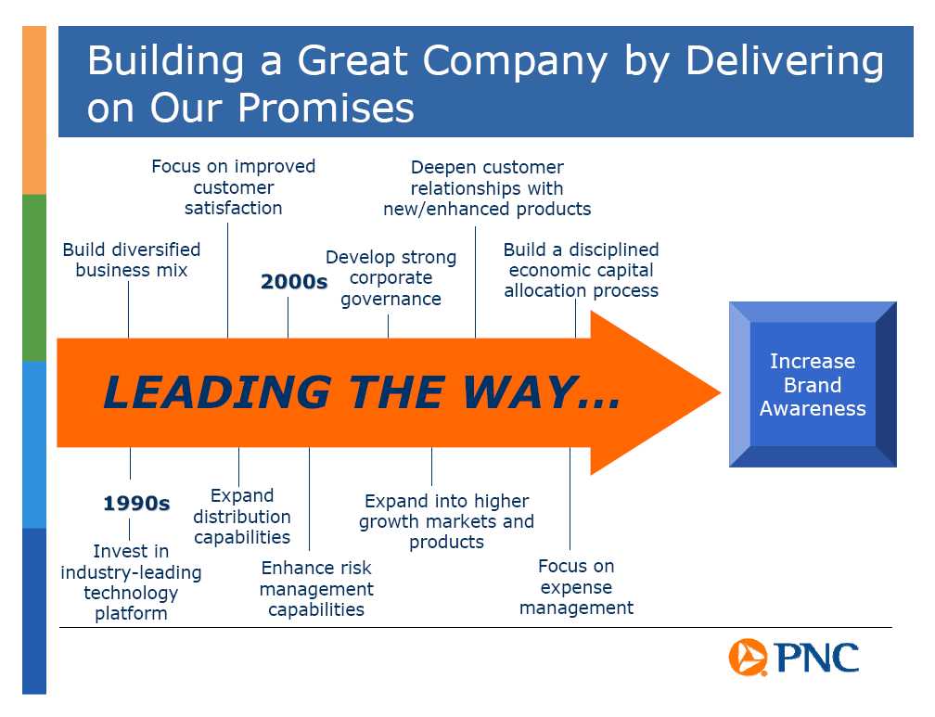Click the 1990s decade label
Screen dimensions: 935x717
(136, 503)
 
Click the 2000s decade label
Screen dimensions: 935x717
(294, 281)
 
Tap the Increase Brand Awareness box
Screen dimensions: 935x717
(813, 384)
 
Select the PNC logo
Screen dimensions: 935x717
(794, 658)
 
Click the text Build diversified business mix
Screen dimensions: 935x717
(131, 260)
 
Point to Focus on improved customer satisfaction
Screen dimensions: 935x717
(233, 186)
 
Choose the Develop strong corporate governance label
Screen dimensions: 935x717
(391, 278)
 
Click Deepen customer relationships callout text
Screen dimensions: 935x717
(487, 188)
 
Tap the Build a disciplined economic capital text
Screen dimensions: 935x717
(582, 270)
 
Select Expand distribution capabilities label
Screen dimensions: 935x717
(242, 517)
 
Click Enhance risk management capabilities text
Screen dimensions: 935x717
(316, 588)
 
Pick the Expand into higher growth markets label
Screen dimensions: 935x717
(447, 521)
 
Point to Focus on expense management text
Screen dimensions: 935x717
(576, 587)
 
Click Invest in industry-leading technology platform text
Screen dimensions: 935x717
(131, 583)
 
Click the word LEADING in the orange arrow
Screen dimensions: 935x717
(218, 392)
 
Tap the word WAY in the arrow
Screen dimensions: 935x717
(519, 392)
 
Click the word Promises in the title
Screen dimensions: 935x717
(327, 108)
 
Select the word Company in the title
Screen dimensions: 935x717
(515, 62)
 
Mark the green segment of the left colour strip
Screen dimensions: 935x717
(34, 278)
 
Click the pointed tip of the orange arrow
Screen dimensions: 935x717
(721, 392)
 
